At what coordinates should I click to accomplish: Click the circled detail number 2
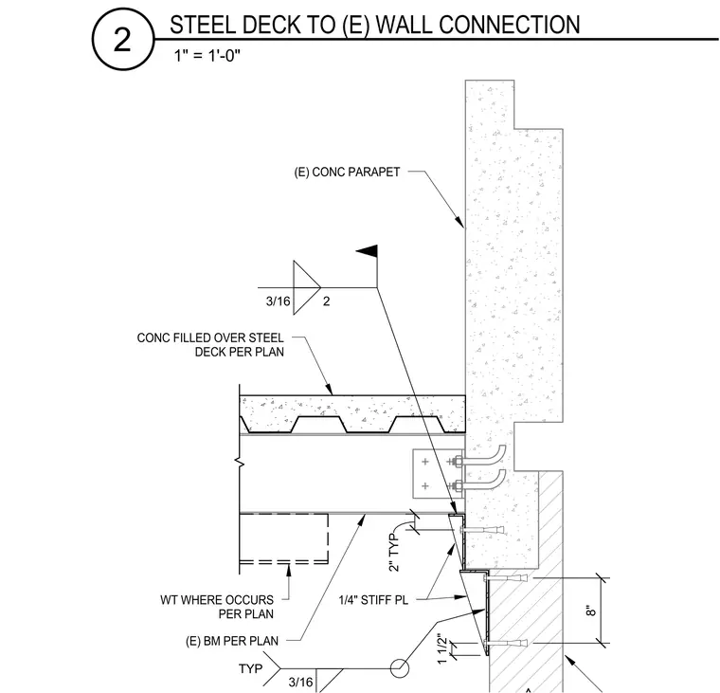[122, 40]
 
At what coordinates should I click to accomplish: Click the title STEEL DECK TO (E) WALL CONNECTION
[375, 25]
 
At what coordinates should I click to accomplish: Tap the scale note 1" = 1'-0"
[207, 56]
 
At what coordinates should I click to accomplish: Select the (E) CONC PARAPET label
[347, 172]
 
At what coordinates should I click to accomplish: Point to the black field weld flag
[368, 251]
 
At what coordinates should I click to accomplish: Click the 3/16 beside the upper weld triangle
[279, 301]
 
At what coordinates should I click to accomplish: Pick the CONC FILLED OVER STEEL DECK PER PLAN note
[210, 345]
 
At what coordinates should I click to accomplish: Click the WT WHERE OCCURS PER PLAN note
[217, 607]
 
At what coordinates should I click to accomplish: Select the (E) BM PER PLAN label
[232, 641]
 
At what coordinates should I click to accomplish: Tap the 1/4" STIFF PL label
[373, 600]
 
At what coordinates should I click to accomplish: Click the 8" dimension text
[591, 611]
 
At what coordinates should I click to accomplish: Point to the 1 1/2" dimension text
[441, 648]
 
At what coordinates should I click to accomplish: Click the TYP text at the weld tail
[251, 668]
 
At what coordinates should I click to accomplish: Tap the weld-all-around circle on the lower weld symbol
[400, 668]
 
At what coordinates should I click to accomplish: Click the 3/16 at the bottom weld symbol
[300, 682]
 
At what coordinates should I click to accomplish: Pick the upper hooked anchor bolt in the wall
[481, 457]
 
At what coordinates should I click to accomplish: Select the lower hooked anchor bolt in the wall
[481, 482]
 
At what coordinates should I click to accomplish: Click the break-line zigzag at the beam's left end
[240, 462]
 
